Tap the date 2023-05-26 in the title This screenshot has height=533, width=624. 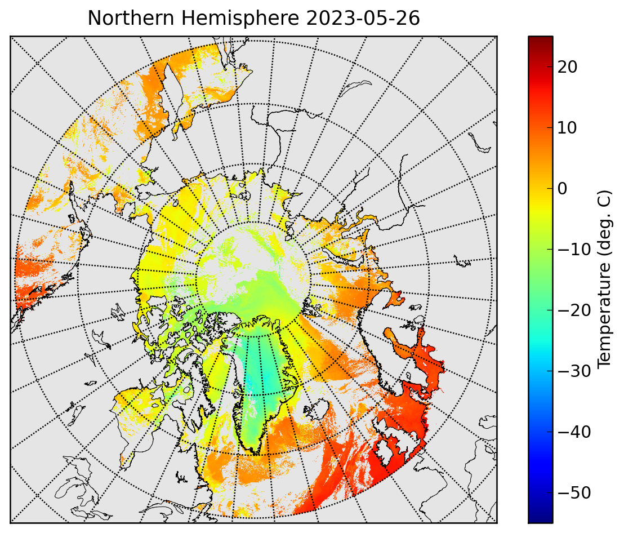tap(363, 18)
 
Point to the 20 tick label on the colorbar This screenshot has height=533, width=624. tap(567, 67)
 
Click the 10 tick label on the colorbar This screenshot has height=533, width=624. tap(567, 128)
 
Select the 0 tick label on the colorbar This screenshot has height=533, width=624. tap(562, 189)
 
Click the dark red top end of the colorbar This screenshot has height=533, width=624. tap(541, 40)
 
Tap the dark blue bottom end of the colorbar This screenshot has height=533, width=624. tap(541, 518)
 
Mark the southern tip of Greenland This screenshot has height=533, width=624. tap(256, 454)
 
